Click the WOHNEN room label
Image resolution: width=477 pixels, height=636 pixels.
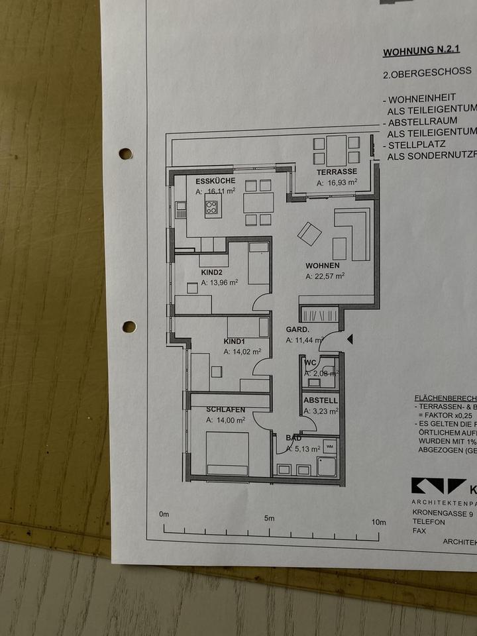323,266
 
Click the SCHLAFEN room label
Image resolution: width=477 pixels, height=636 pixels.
226,409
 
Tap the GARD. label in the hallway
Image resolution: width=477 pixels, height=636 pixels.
296,329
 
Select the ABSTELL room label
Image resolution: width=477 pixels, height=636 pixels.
321,400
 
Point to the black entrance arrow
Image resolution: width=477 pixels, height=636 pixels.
350,339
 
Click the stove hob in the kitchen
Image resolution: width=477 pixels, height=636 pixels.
211,208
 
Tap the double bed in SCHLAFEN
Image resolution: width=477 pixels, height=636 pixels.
227,453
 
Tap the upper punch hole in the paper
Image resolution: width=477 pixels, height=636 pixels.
125,154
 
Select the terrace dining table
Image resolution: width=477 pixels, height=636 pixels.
337,150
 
